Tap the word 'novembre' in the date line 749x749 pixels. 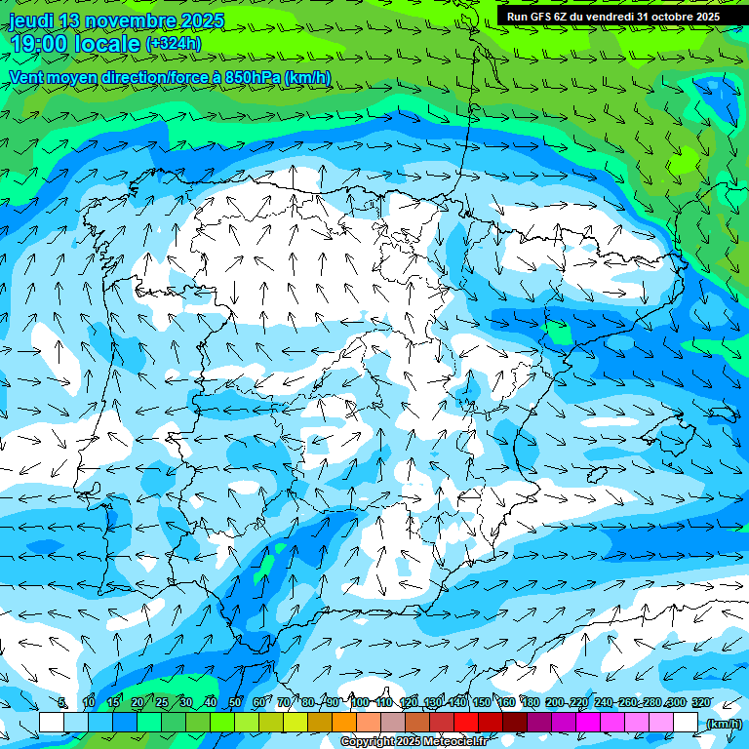[134, 20]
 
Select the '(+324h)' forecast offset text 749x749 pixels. [174, 44]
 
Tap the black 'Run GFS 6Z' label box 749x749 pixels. [613, 16]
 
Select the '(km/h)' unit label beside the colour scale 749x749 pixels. [723, 723]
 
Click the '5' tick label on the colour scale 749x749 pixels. [62, 703]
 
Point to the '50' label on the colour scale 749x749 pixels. [235, 703]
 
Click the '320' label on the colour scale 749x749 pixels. [701, 703]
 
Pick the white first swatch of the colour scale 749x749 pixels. [52, 722]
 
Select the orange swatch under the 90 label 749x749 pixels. [344, 722]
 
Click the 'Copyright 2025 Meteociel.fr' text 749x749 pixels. [414, 742]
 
